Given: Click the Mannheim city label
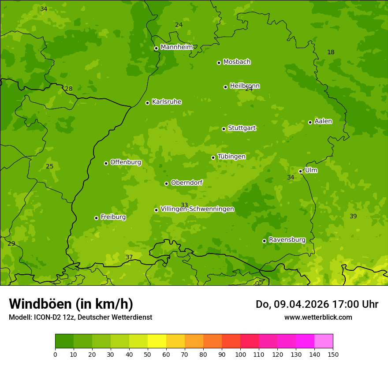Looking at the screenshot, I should (x=176, y=47).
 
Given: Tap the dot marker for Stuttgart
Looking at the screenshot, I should (x=224, y=129).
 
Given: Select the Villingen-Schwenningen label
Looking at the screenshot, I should (x=197, y=209).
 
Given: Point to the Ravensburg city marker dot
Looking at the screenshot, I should (x=264, y=241).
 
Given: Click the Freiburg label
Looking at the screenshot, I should (x=113, y=217).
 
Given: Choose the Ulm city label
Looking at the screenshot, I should (x=311, y=170).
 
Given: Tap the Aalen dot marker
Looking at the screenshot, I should (x=310, y=122).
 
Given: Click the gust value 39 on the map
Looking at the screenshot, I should (x=353, y=216).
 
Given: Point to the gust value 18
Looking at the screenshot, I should (x=331, y=52).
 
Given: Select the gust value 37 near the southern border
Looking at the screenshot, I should (x=129, y=257).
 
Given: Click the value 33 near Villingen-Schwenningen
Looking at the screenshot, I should (x=184, y=205).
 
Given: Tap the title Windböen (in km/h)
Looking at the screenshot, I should (x=71, y=304).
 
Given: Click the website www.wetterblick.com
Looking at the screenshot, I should (x=318, y=317).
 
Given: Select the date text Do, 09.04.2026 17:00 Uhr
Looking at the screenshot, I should (x=317, y=304).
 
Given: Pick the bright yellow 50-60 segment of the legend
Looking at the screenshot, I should (x=157, y=341).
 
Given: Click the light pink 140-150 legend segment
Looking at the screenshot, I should (x=324, y=341).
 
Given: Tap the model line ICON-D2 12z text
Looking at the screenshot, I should (x=80, y=317).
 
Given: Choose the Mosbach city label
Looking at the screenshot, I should (x=237, y=62).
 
